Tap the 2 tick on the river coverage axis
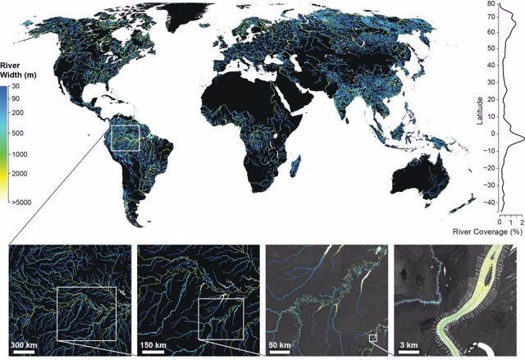point(521,221)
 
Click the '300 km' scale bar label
point(29,343)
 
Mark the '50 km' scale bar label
point(282,343)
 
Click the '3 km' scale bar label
point(410,343)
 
